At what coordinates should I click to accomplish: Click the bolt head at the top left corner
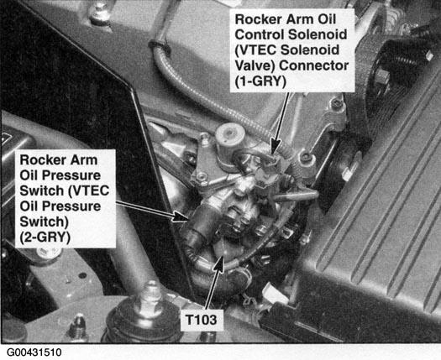point(99,13)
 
